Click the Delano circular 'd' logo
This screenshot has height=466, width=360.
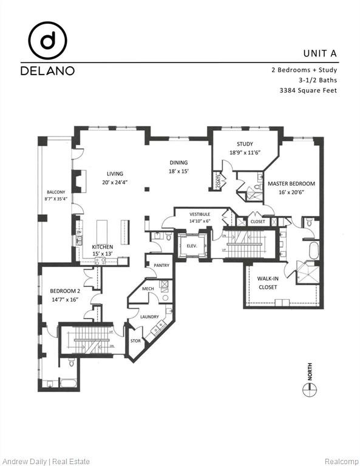click(47, 40)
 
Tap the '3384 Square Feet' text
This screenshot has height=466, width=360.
click(307, 90)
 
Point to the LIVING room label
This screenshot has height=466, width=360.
click(115, 173)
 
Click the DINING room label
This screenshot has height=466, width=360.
click(178, 163)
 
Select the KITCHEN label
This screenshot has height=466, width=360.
click(103, 247)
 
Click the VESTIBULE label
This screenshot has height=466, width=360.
click(200, 214)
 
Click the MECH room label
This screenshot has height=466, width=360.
click(148, 288)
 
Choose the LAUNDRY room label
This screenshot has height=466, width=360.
click(149, 317)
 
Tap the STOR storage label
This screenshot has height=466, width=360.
click(136, 341)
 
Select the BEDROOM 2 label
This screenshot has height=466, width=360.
click(64, 291)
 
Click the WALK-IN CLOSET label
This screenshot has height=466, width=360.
click(268, 283)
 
